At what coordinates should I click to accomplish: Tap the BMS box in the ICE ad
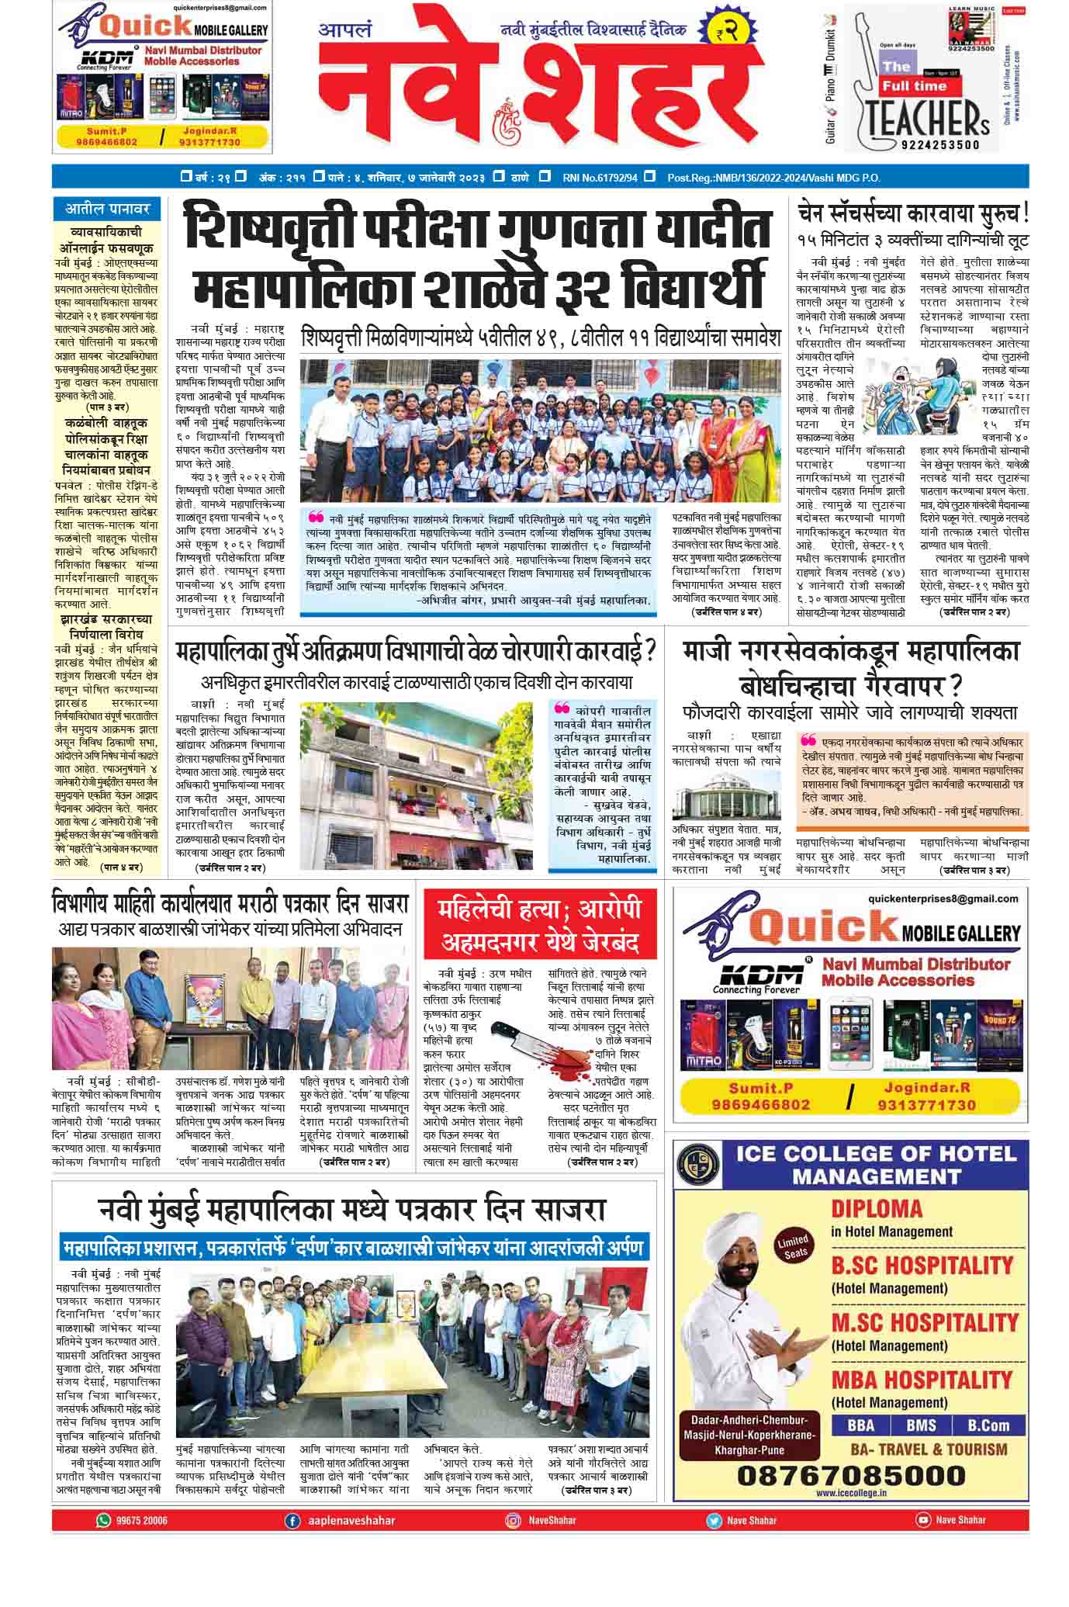point(921,1425)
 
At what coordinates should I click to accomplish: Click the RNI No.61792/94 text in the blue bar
point(600,178)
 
